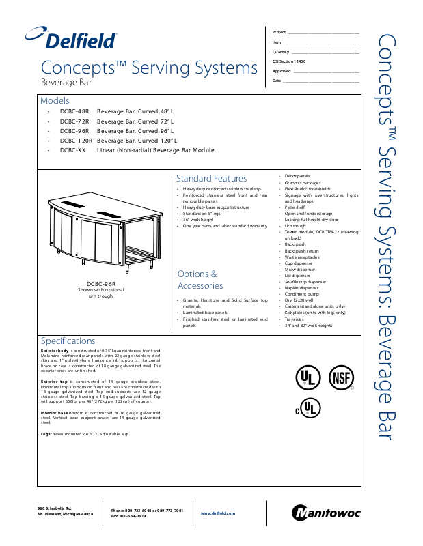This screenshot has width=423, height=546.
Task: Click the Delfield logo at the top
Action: tap(72, 39)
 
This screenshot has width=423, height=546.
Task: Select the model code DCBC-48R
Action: tap(74, 111)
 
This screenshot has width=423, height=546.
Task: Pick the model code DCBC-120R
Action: tap(76, 141)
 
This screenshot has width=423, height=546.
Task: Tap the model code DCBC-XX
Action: tap(73, 150)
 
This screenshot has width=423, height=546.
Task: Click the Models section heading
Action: tap(55, 100)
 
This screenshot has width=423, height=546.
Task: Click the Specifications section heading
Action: tap(68, 341)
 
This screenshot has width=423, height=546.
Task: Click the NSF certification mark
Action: tap(341, 377)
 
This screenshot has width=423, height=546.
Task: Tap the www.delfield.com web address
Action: tap(218, 513)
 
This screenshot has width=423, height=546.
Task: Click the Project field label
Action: tap(279, 32)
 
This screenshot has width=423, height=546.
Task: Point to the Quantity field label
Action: tap(281, 52)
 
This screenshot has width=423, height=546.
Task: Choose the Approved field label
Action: tap(282, 71)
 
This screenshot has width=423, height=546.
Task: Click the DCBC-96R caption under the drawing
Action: tap(100, 283)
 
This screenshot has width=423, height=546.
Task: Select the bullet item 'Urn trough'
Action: tap(295, 226)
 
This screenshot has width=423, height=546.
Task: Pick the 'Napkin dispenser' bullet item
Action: tap(302, 287)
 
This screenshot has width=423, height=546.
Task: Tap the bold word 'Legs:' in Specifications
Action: tap(46, 434)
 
